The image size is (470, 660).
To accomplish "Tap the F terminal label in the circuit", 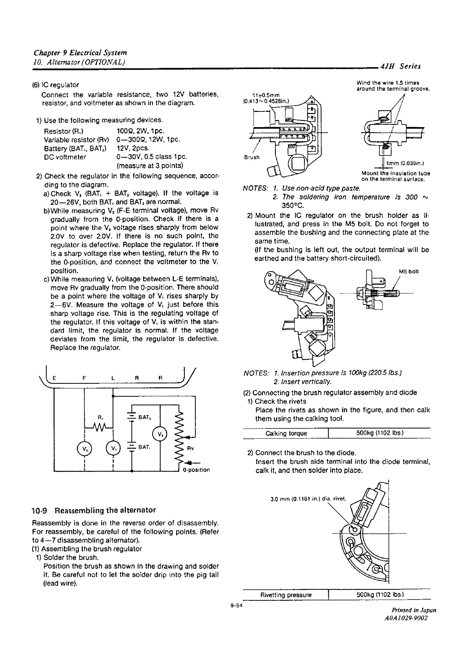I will [x=84, y=378].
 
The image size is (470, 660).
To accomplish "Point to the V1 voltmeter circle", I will [x=113, y=449].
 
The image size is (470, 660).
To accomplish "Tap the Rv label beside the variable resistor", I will [x=190, y=449].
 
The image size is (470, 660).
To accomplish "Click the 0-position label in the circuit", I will [x=196, y=470].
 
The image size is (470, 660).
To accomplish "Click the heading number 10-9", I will [x=40, y=510].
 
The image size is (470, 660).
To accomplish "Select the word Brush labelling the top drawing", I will [x=252, y=157].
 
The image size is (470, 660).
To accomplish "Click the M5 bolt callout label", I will [x=409, y=271].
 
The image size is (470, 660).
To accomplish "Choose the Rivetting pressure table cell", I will [x=286, y=595].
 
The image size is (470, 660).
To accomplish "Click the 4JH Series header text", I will [x=403, y=66].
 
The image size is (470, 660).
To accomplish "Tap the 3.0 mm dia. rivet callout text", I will [x=308, y=500].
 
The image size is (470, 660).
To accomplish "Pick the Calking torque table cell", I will [x=286, y=433].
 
